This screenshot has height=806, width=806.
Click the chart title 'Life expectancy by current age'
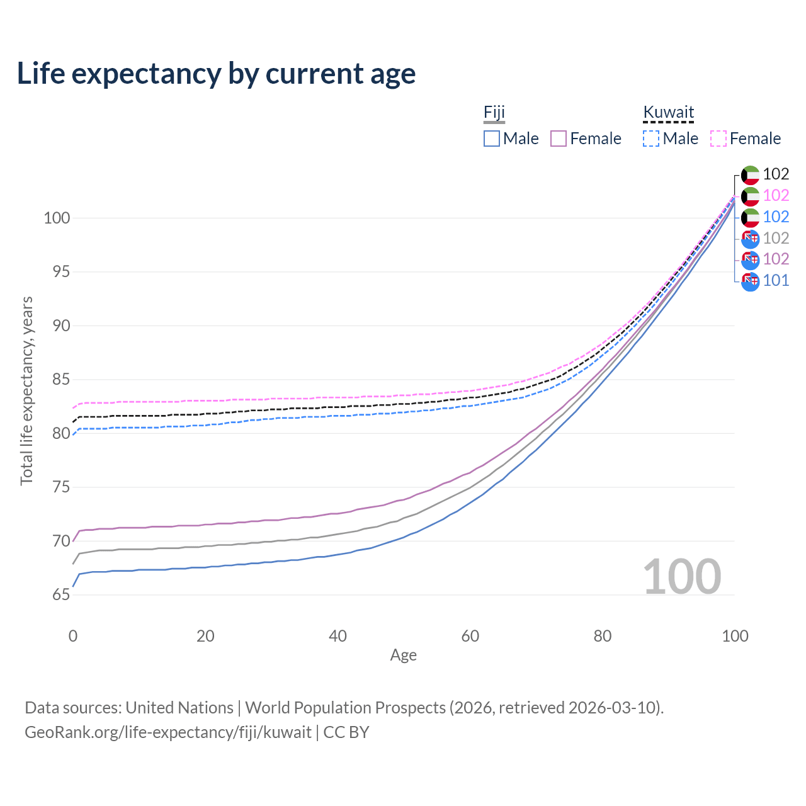(216, 74)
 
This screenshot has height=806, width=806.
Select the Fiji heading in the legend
(494, 112)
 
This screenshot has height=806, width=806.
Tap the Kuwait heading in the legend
(668, 112)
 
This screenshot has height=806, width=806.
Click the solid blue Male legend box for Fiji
(491, 139)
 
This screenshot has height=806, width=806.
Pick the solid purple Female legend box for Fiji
(559, 139)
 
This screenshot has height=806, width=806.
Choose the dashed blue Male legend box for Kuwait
(651, 139)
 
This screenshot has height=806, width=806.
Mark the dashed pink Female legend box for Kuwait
(718, 139)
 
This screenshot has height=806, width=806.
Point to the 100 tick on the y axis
(57, 218)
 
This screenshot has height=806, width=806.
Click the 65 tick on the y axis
(61, 594)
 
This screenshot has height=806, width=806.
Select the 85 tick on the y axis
(61, 379)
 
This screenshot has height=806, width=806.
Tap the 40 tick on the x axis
(338, 636)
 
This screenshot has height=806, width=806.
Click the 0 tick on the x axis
(73, 636)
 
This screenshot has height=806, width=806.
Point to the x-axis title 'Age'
(403, 656)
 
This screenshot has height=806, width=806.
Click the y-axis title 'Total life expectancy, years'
(26, 391)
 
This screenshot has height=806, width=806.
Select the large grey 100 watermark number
(682, 577)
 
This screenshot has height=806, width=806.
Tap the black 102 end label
(776, 174)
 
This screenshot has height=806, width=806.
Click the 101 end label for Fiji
(776, 281)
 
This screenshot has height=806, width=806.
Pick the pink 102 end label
(776, 195)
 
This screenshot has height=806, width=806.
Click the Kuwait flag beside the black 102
(751, 175)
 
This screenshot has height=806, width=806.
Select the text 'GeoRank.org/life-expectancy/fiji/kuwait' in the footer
(168, 732)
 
